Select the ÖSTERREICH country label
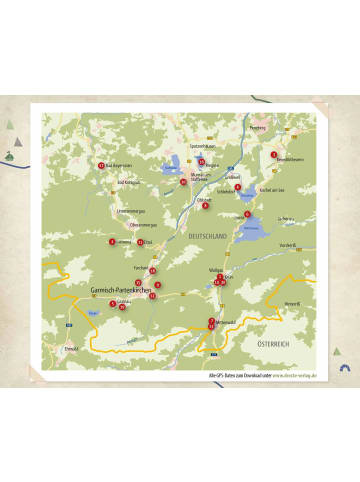tap(274, 343)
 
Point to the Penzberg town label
tap(258, 128)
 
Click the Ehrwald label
tap(70, 348)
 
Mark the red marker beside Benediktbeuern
tap(273, 154)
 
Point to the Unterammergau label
tap(133, 211)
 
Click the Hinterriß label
tap(291, 302)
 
